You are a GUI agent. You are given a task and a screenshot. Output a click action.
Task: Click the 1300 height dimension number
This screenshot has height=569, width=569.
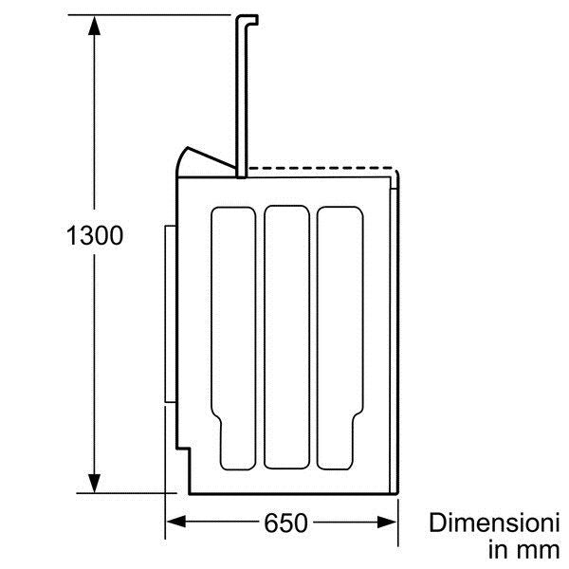(95, 235)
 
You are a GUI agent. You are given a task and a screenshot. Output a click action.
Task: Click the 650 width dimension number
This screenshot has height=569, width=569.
(286, 523)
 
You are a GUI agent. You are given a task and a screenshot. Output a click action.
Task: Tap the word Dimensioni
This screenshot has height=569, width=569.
(494, 523)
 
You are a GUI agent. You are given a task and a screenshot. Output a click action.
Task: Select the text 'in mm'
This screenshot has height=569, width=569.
(524, 550)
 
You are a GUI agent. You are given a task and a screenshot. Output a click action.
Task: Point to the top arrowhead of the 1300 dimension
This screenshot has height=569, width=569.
(94, 26)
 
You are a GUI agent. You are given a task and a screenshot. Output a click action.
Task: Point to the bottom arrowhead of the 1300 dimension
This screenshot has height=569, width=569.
(94, 483)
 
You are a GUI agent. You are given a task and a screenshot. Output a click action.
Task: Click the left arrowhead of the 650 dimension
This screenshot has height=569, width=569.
(176, 523)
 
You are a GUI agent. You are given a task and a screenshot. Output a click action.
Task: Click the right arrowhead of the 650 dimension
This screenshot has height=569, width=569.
(387, 523)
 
